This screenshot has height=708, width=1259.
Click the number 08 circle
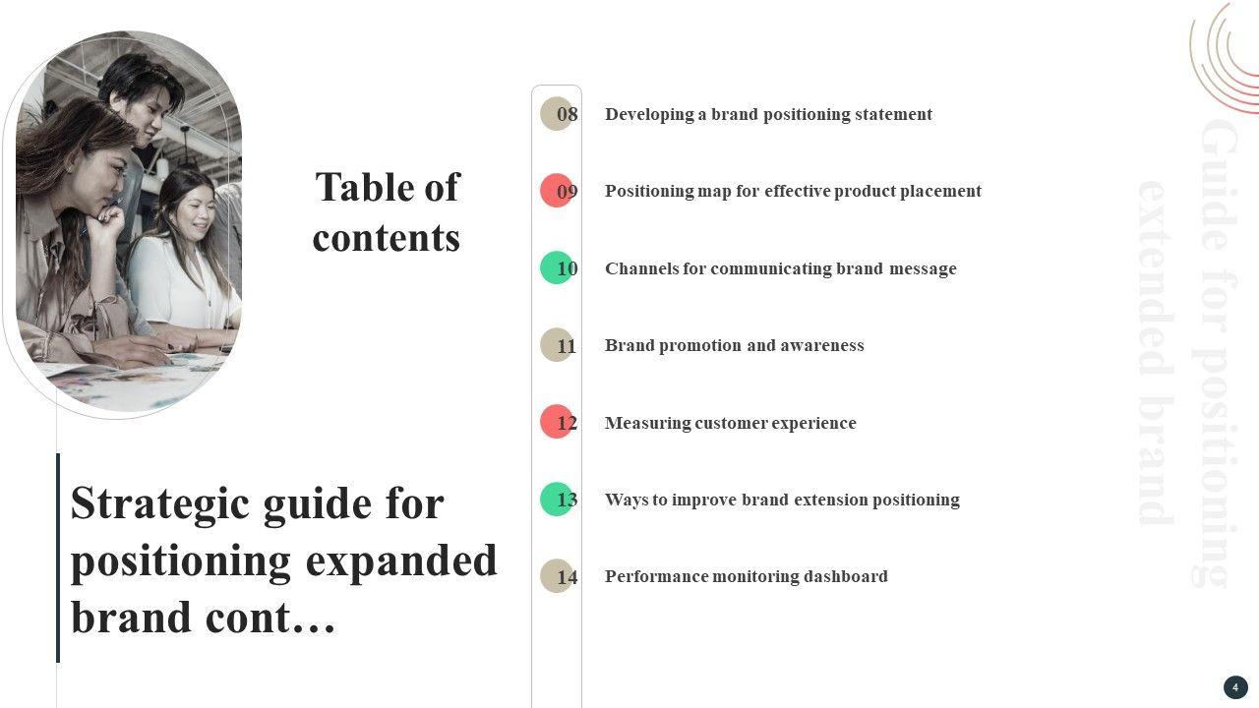point(557,114)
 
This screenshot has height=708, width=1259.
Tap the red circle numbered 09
point(557,191)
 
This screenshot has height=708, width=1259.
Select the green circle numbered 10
point(557,267)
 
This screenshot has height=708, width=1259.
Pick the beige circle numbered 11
point(557,345)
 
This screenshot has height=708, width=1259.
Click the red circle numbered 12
point(557,422)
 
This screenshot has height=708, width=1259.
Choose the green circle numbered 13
point(557,499)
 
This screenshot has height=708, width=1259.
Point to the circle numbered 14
point(557,576)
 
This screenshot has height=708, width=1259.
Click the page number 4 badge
point(1235,687)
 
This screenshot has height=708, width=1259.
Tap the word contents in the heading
point(387,238)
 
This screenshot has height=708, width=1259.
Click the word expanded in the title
point(401,560)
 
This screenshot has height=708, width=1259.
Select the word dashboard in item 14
point(845,576)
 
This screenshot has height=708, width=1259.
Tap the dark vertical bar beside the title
point(58,558)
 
